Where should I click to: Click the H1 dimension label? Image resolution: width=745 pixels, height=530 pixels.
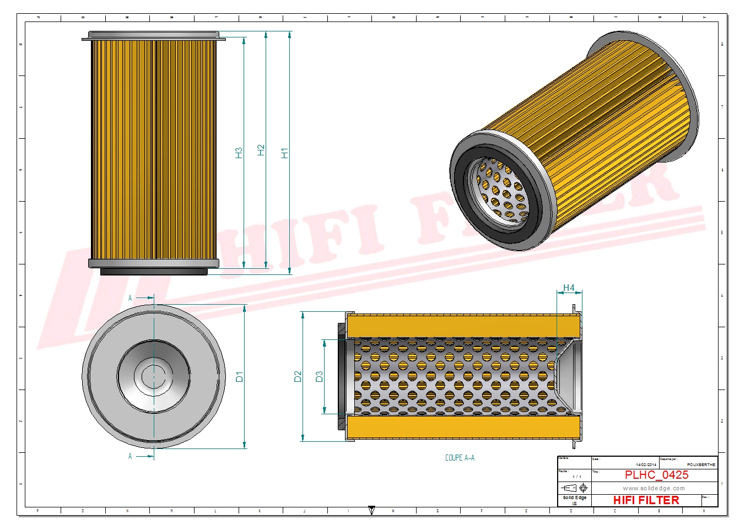click(x=284, y=153)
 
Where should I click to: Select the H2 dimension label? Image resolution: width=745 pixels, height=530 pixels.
click(x=261, y=150)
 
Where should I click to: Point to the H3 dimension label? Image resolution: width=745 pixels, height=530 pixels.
click(x=239, y=153)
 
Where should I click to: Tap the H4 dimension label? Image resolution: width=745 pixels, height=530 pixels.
click(x=569, y=288)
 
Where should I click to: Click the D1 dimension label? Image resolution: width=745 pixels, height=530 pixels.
click(x=239, y=377)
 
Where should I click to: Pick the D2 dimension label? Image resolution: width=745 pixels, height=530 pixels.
click(x=298, y=376)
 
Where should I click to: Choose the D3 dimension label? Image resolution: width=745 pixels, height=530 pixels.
click(x=319, y=376)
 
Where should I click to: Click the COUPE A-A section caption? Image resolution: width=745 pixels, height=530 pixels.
click(x=460, y=458)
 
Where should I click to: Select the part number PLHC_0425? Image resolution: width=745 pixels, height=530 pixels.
click(x=656, y=475)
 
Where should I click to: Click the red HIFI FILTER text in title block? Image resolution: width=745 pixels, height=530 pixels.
click(x=646, y=500)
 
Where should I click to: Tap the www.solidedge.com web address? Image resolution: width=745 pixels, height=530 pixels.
click(x=654, y=488)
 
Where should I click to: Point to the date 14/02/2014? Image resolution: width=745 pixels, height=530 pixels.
click(x=646, y=465)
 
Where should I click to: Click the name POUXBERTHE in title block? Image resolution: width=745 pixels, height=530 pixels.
click(x=701, y=465)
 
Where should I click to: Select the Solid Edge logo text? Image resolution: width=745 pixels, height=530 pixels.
click(x=574, y=498)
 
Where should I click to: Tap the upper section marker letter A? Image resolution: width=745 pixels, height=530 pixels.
click(x=130, y=298)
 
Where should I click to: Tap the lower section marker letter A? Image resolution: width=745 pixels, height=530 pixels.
click(x=130, y=456)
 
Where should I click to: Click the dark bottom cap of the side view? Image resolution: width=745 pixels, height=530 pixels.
click(x=154, y=272)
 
